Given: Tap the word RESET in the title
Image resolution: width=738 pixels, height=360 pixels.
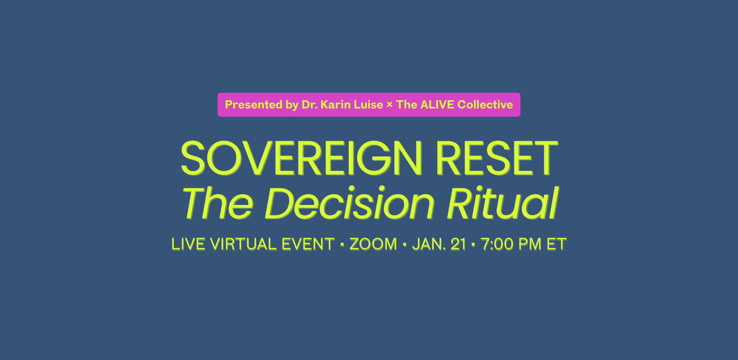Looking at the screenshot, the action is pos(497,158).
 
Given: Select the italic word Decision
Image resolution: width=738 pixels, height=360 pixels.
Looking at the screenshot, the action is pos(350,203).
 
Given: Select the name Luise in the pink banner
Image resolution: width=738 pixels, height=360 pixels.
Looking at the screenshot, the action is pos(369,105).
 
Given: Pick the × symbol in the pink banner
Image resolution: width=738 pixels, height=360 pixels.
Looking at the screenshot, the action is pos(389,105).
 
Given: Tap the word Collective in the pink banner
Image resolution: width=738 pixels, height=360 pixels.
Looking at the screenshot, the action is pos(485,105).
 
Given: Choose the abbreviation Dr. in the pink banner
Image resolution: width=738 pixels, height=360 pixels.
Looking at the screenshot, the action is pos(309,105).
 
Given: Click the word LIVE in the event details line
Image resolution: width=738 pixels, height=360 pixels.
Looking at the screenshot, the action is pos(189,244).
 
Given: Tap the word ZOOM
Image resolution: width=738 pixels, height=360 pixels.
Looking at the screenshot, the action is pos(373,244).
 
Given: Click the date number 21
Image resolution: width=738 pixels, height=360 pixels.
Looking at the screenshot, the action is pos(458,244).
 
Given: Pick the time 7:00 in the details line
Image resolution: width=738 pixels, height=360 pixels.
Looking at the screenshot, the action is pos(497,244).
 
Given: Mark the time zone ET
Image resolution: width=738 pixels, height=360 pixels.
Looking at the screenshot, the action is pos(557,244).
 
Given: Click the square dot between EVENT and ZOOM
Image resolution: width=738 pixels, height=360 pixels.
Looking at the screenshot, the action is pos(342,245).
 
